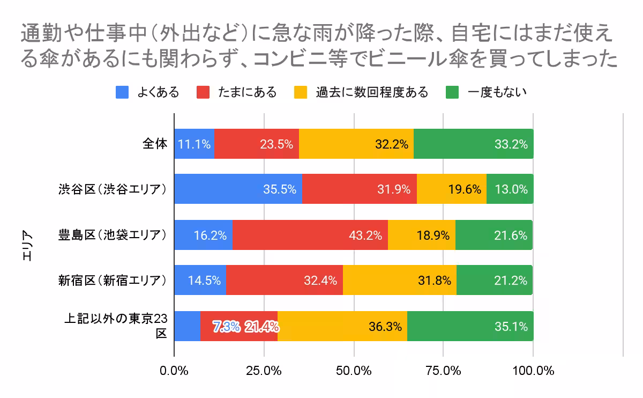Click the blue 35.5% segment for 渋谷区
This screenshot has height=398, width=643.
click(x=238, y=189)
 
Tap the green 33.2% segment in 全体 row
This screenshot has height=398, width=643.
click(x=473, y=144)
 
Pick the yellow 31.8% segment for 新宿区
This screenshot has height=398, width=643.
click(x=399, y=280)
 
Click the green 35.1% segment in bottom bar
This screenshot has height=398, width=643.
click(x=470, y=326)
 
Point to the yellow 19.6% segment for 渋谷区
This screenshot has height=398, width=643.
click(x=451, y=189)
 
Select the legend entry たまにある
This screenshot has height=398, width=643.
click(x=237, y=92)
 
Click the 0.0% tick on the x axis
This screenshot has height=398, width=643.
click(x=174, y=371)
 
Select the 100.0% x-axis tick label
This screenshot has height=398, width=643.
click(x=533, y=371)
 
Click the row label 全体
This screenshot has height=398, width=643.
click(x=155, y=144)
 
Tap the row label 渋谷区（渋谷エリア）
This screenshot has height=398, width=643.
click(x=114, y=189)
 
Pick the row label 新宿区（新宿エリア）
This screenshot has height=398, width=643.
click(x=114, y=281)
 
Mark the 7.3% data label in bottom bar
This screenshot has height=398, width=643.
click(x=226, y=327)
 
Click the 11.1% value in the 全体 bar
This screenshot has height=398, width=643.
click(x=194, y=144)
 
